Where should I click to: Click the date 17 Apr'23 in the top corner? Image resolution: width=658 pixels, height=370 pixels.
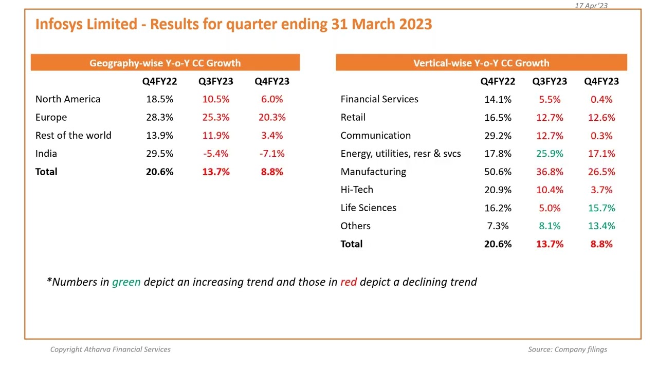pos(591,6)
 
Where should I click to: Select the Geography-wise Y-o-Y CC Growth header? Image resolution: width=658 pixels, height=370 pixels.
pos(165,63)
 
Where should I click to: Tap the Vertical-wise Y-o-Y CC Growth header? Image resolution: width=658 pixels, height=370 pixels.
pos(481,63)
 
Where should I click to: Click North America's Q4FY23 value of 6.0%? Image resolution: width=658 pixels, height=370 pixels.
pos(272,99)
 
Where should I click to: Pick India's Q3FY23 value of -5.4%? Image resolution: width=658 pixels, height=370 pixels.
pos(215,154)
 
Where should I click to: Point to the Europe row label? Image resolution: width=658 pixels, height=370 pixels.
pos(51,118)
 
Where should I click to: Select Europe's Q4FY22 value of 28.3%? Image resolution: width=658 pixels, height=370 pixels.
pos(159,118)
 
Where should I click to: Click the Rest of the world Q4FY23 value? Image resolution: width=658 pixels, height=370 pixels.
pos(272,136)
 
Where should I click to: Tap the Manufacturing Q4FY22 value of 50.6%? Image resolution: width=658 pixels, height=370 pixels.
pos(498,172)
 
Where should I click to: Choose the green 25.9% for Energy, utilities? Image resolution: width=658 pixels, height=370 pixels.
pos(550,154)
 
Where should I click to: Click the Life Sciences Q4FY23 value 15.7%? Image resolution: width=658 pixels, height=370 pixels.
pos(601,208)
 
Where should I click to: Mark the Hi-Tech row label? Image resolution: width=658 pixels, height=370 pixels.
pos(357,190)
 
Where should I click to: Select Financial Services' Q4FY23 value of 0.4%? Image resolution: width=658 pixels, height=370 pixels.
pos(601,99)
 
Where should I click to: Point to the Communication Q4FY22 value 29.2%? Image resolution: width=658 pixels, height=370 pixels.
pos(498,136)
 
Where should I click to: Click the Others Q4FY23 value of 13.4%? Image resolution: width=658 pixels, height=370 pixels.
pos(601,226)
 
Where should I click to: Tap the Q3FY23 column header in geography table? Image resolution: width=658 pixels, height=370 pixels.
pos(215,81)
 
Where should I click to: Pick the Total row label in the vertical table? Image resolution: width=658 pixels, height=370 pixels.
pos(351,244)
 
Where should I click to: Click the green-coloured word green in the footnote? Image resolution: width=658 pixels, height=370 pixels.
pos(126,282)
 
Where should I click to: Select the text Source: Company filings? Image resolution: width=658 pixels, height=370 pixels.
pos(567,349)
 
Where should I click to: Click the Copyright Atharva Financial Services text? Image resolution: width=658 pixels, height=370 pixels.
pos(110,349)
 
